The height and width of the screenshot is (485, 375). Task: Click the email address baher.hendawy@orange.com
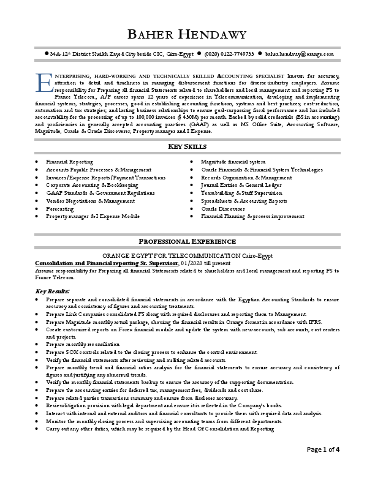pyautogui.click(x=300, y=54)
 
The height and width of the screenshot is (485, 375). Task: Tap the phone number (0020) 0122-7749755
pyautogui.click(x=229, y=54)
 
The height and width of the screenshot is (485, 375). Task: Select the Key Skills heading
pyautogui.click(x=187, y=146)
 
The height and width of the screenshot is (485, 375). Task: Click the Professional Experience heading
pyautogui.click(x=187, y=241)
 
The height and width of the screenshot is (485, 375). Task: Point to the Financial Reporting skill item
pyautogui.click(x=69, y=161)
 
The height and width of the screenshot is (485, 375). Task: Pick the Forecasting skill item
pyautogui.click(x=61, y=208)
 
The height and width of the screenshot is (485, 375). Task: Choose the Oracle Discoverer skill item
pyautogui.click(x=223, y=208)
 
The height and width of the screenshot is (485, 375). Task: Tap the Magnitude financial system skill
pyautogui.click(x=233, y=161)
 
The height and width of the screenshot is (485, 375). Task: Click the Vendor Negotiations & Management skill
pyautogui.click(x=90, y=200)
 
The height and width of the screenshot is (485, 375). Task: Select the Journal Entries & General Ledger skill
pyautogui.click(x=241, y=184)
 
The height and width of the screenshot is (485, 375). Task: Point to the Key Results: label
pyautogui.click(x=53, y=291)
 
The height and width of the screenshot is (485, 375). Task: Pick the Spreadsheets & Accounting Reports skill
pyautogui.click(x=244, y=200)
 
